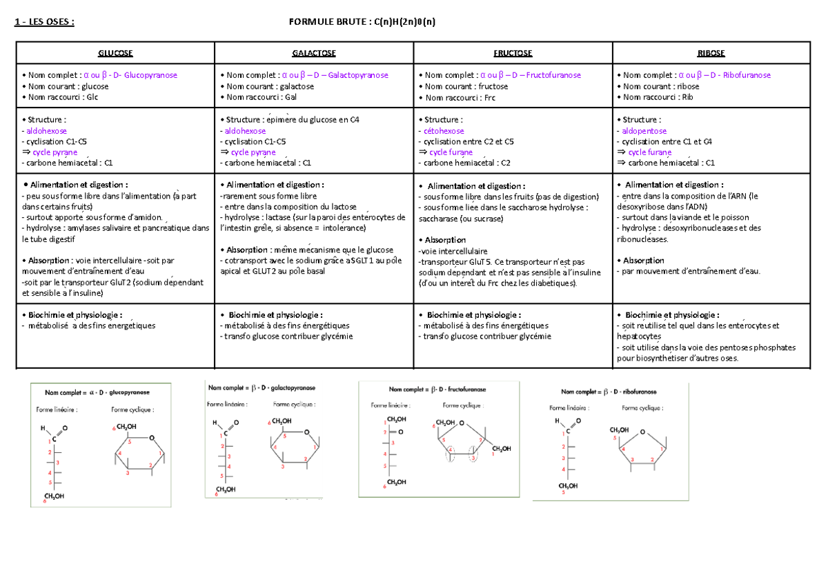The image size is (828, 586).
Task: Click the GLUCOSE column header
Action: [x=115, y=53]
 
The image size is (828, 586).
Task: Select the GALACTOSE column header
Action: [x=314, y=53]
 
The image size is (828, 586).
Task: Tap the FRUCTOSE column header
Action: [x=513, y=53]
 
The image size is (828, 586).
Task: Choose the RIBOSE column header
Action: [x=711, y=53]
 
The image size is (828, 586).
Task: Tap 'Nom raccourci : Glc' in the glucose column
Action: [x=61, y=97]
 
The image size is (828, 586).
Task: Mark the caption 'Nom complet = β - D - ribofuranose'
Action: [x=609, y=392]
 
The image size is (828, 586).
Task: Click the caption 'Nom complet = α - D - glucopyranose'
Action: [x=97, y=392]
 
